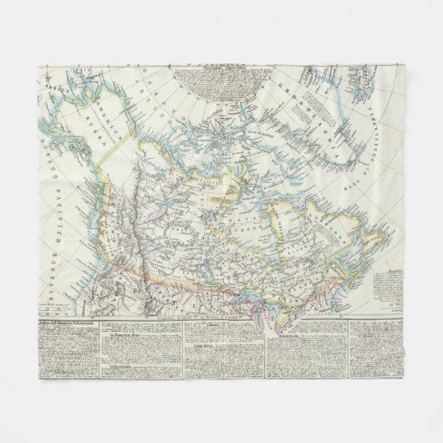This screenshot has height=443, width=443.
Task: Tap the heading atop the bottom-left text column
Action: pyautogui.click(x=71, y=322)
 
